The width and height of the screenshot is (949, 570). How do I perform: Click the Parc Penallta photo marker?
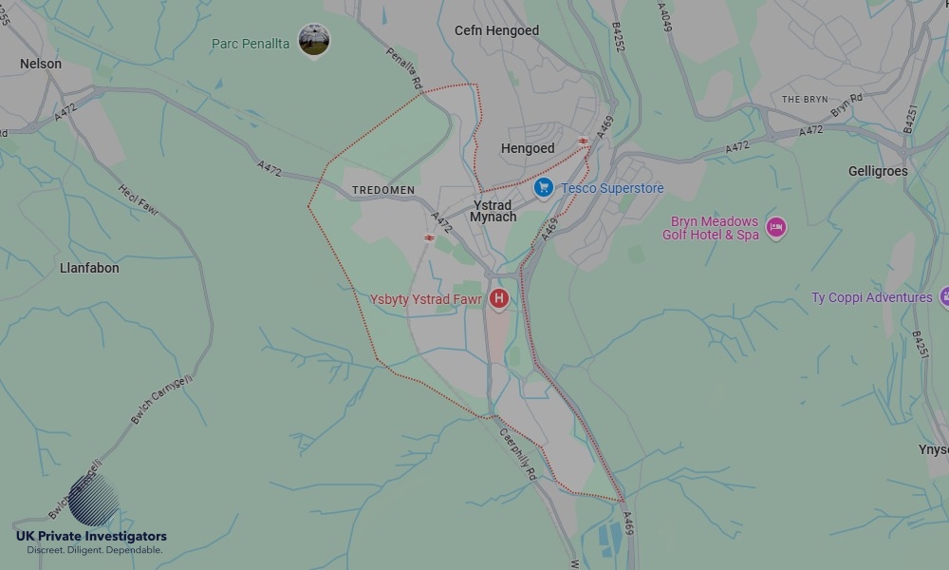tap(314, 40)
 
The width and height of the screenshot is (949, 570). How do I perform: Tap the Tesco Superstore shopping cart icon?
tap(543, 188)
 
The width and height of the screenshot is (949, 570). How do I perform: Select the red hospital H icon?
tap(498, 299)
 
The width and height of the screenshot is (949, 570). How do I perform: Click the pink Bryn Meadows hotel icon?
tap(776, 228)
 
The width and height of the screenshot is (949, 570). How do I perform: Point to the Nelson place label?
tap(41, 64)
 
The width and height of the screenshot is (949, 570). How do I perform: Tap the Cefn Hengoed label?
tap(496, 30)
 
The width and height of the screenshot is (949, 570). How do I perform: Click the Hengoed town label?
tap(528, 148)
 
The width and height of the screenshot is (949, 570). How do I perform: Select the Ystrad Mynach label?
tap(493, 211)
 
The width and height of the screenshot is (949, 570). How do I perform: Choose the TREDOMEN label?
tap(383, 190)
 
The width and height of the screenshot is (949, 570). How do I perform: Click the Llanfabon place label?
tap(89, 268)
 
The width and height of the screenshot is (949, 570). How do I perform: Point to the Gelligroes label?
tap(878, 171)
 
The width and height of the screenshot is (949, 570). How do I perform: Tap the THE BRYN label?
tap(805, 100)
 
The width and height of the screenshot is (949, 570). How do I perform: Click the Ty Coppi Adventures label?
tap(871, 297)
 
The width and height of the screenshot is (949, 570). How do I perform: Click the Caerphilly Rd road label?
tap(518, 452)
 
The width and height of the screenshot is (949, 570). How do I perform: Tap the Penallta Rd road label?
tap(403, 69)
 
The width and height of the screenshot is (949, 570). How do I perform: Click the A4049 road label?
tap(664, 16)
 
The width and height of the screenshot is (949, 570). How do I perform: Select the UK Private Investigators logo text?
tap(91, 537)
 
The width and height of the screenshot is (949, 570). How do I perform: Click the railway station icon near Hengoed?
tap(584, 142)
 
